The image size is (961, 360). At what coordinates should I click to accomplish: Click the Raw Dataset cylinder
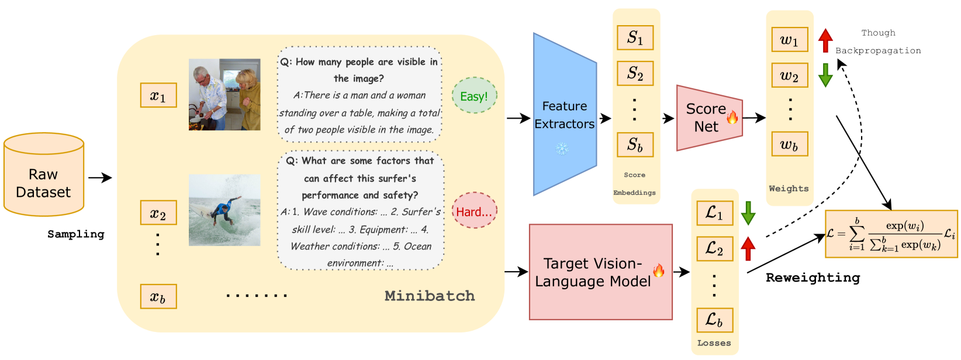click(x=44, y=175)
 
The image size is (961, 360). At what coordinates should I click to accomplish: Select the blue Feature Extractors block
click(x=564, y=115)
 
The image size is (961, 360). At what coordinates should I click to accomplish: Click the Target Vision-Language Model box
click(x=600, y=272)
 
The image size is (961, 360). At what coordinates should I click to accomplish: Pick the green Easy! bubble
click(x=474, y=96)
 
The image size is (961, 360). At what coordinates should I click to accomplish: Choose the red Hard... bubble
click(x=474, y=211)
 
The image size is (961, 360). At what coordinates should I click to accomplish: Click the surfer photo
click(x=224, y=209)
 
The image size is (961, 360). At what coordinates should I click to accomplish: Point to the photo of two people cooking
click(x=224, y=94)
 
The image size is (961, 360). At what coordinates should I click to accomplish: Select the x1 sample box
click(x=158, y=95)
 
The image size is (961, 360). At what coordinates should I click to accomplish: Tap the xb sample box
click(x=158, y=297)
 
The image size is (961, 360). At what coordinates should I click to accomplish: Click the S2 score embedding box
click(x=635, y=74)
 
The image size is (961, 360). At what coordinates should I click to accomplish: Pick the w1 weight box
click(x=790, y=40)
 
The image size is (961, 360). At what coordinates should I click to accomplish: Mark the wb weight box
click(x=790, y=144)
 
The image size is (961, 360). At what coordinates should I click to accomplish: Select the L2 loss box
click(x=715, y=248)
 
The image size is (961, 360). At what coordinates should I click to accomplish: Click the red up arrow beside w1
click(x=825, y=40)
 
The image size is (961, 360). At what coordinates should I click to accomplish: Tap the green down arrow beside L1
click(x=748, y=213)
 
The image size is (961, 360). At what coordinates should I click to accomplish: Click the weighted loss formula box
click(x=891, y=234)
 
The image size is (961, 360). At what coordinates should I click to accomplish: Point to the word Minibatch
click(x=430, y=296)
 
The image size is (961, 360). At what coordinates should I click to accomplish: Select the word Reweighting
click(x=813, y=278)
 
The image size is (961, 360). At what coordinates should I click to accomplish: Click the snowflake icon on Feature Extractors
click(x=562, y=149)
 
